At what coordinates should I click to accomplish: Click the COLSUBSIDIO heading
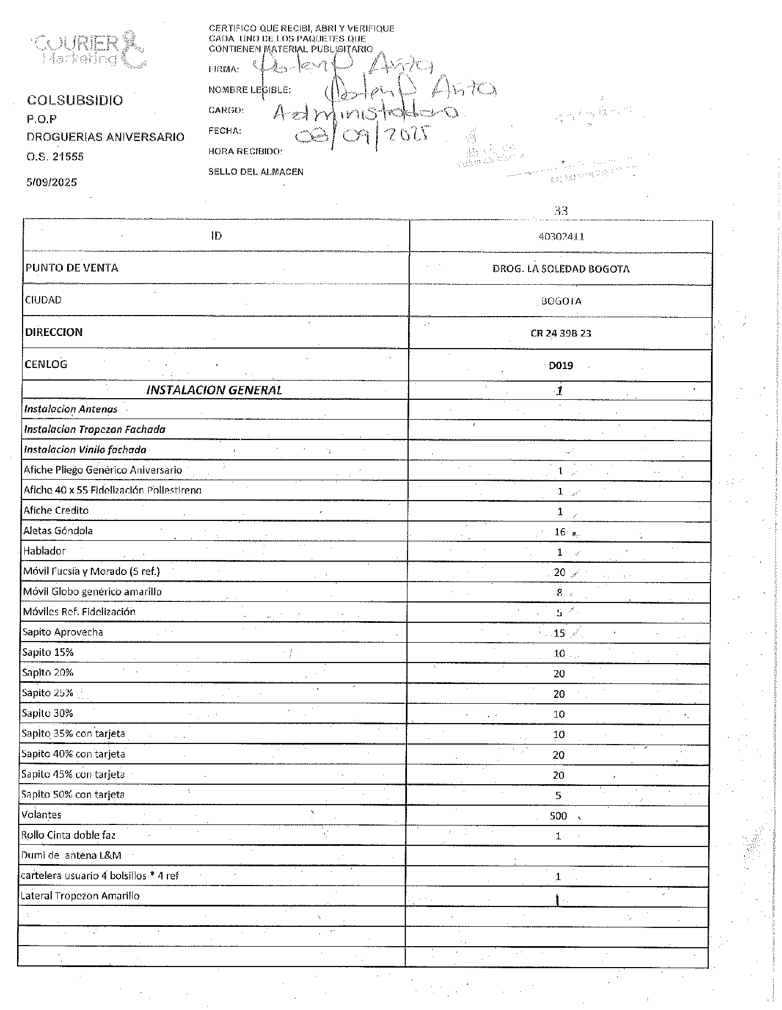pos(75,100)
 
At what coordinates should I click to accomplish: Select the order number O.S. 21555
pos(55,156)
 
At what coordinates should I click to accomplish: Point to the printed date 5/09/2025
pos(52,182)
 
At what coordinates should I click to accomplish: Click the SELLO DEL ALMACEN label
pos(256,172)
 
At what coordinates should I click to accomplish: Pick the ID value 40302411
pos(561,237)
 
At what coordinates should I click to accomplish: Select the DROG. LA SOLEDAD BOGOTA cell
pos(561,269)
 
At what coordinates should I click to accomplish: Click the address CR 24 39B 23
pos(561,333)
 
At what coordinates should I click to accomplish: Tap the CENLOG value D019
pos(561,365)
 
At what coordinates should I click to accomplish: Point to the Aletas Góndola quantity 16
pos(560,531)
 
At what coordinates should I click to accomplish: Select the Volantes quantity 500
pos(558,816)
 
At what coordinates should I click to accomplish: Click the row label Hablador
pos(45,551)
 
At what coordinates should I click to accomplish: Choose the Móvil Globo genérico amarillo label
pos(92,591)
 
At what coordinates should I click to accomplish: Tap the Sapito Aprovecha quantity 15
pos(559,633)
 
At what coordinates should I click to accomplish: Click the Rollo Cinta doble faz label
pos(68,835)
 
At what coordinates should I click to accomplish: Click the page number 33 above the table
pos(561,210)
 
